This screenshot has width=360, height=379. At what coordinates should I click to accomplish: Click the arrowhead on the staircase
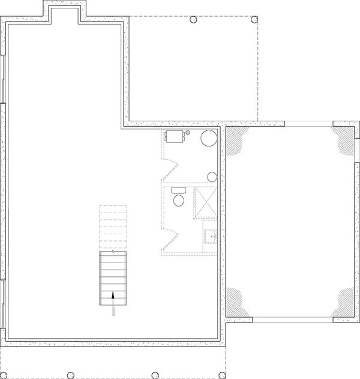coord(113,295)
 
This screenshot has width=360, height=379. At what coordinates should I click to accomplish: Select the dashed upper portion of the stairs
coord(113,226)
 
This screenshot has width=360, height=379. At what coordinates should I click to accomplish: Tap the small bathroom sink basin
coord(211,237)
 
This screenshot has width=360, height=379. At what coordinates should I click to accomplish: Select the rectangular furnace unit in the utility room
coord(176,136)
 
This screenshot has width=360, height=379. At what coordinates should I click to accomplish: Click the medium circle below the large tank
coord(212,177)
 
